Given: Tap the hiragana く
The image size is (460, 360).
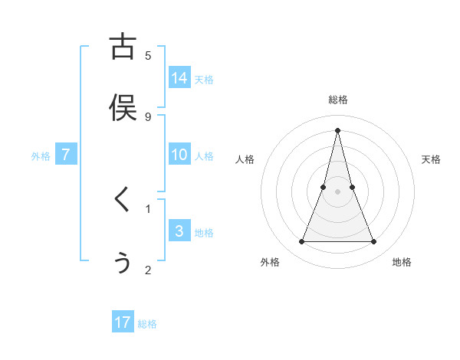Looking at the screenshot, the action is [x=122, y=200].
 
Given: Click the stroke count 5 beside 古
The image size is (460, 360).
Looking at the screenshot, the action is [x=148, y=55].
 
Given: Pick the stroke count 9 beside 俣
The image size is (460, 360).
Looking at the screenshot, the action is [x=148, y=116].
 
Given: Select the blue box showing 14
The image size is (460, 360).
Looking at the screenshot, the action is [x=179, y=78].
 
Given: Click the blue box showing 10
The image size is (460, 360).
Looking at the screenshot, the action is [x=179, y=155].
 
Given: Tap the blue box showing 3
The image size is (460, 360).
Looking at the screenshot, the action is [x=179, y=231].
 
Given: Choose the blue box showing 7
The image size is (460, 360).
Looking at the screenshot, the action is [x=66, y=155].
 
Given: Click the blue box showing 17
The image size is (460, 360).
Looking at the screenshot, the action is [x=123, y=322].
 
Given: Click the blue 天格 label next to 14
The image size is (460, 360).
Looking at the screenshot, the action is [x=204, y=80].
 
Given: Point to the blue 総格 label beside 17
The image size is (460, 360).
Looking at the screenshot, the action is [x=147, y=324].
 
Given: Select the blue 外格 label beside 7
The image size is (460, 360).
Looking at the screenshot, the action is [x=41, y=156].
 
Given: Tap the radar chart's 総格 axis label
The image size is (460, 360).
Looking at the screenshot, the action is [x=337, y=100].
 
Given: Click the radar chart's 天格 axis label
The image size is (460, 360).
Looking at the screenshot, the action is [x=431, y=159].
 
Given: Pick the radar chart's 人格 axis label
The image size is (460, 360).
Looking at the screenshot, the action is [x=245, y=159].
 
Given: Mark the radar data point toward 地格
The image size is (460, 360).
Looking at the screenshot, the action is [x=374, y=242].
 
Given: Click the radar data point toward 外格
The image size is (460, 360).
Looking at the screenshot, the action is [x=301, y=242].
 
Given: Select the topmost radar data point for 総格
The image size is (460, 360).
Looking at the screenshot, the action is [x=337, y=130].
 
